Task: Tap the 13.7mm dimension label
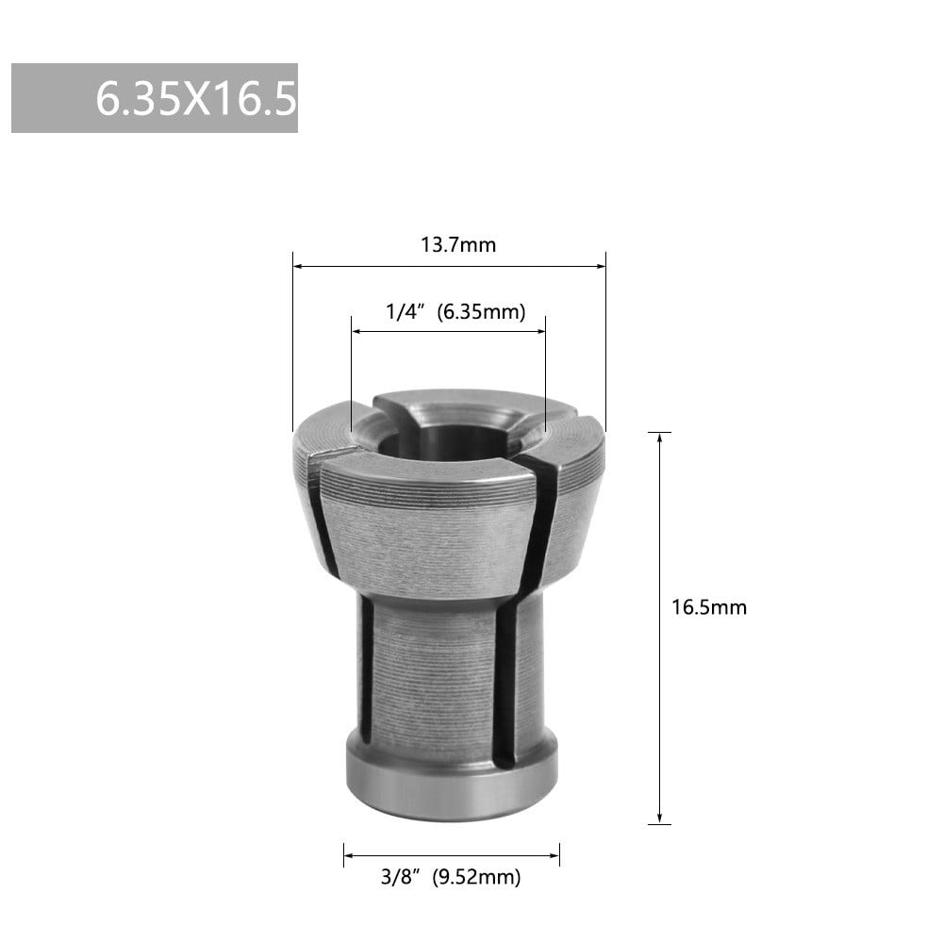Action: (457, 245)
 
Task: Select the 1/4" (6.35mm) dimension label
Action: (455, 312)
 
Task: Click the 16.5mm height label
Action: (708, 607)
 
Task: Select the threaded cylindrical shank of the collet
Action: (434, 660)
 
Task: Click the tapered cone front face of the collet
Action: (424, 528)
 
